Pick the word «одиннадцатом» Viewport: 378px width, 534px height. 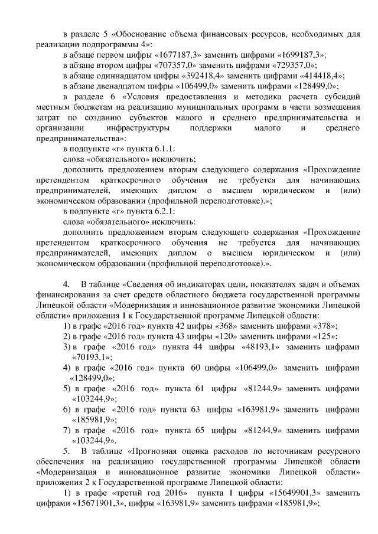click(130, 76)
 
